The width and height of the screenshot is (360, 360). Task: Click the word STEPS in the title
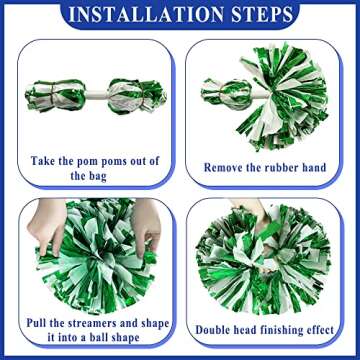260,15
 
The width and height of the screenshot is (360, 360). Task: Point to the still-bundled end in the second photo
222,95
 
